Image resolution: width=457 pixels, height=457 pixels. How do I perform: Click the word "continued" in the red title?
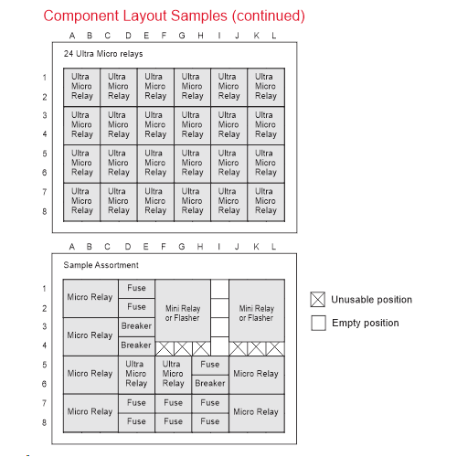(x=268, y=16)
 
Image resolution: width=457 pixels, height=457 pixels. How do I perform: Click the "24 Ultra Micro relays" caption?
(x=103, y=54)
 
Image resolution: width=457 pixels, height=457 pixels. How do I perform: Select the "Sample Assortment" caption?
(x=101, y=265)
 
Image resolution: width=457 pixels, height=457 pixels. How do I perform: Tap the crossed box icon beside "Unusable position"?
(x=318, y=299)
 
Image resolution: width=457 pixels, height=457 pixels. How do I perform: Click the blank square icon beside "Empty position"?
(x=318, y=323)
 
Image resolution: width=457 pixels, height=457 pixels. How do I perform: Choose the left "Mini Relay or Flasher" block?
(x=183, y=311)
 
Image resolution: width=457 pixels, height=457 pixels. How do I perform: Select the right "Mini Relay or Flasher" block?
(x=257, y=311)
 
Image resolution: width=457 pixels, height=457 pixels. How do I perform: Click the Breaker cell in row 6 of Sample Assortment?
(x=210, y=384)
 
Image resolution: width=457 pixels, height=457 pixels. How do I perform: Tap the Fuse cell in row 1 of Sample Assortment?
(x=136, y=289)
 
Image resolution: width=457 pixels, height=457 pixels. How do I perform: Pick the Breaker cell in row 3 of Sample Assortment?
(x=136, y=326)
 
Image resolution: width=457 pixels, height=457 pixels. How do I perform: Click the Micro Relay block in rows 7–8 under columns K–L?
(x=257, y=413)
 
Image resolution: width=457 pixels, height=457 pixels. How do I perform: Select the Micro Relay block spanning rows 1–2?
(x=90, y=298)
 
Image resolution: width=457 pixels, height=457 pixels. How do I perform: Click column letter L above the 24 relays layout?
(x=274, y=36)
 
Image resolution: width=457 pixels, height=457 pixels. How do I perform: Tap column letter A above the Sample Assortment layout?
(x=72, y=247)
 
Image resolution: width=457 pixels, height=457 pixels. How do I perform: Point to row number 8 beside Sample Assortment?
(x=45, y=422)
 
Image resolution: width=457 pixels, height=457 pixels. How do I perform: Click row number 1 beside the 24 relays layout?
(x=45, y=78)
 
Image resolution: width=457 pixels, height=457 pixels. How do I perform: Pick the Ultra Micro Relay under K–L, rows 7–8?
(x=266, y=202)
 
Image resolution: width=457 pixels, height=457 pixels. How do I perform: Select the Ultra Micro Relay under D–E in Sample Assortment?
(x=136, y=375)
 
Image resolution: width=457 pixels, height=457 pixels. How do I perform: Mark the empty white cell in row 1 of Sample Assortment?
(x=219, y=289)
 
